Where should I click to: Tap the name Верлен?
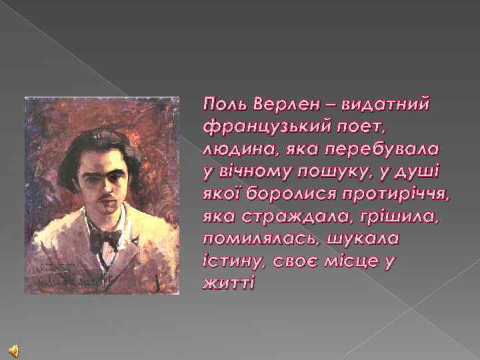point(283,104)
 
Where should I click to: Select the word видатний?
point(386,104)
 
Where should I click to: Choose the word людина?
point(233,149)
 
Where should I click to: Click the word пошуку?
point(340,171)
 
